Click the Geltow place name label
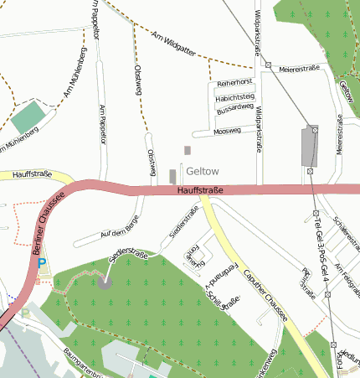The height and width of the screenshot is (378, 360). (202, 170)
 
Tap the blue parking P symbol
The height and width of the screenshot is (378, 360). (42, 263)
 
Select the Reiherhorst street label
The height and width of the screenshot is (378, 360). (234, 84)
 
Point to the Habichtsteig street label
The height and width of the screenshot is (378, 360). (234, 97)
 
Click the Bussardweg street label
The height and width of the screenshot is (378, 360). (234, 109)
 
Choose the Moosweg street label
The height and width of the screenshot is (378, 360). (227, 132)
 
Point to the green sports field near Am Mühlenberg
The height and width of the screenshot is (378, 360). (30, 117)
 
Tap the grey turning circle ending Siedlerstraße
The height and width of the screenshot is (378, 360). (104, 282)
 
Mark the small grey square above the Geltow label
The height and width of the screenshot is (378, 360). (188, 150)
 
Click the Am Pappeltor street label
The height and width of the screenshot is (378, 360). (103, 122)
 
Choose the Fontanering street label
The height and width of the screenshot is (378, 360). (193, 256)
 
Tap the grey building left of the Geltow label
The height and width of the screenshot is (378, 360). (172, 176)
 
